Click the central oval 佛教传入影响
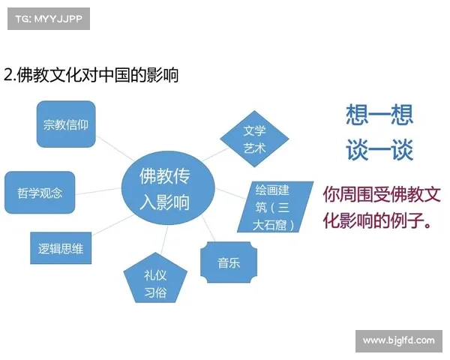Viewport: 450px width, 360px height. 167,189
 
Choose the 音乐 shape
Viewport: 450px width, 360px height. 228,262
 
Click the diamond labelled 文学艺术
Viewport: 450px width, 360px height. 254,139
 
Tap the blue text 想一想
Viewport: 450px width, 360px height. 379,115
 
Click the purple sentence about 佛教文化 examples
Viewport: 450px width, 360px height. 380,208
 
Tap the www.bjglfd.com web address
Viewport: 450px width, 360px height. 398,340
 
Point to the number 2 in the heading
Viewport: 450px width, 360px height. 8,75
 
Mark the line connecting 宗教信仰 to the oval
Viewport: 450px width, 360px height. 112,151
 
